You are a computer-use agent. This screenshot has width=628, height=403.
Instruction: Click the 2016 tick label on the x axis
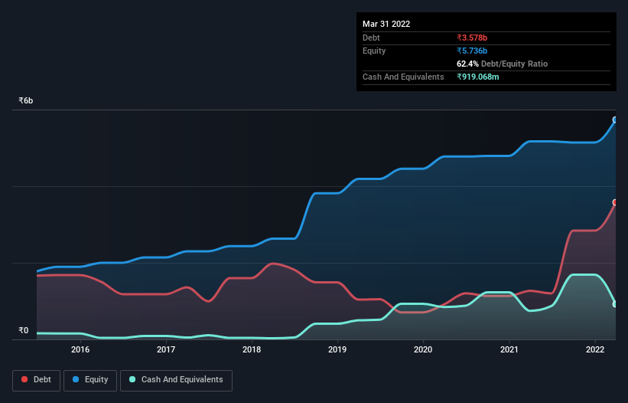click(80, 349)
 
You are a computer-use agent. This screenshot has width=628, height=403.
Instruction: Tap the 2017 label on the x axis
click(166, 349)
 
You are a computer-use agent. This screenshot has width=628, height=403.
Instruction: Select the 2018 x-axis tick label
click(252, 349)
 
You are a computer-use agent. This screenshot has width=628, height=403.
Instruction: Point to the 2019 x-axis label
click(337, 349)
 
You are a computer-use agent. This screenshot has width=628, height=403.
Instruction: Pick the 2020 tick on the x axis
click(423, 349)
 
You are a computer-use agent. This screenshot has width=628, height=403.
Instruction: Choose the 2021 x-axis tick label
click(509, 349)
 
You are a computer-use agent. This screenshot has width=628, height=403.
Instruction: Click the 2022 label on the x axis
click(595, 349)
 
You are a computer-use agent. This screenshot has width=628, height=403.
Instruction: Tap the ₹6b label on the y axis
click(26, 101)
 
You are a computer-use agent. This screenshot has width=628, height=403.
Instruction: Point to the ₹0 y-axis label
click(23, 331)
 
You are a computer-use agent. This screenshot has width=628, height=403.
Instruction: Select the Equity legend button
click(90, 380)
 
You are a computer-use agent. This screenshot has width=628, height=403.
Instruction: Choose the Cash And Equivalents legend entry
click(176, 380)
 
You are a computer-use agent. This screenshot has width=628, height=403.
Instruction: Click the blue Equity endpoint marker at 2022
click(615, 120)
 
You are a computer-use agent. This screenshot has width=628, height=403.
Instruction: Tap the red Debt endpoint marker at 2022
click(615, 202)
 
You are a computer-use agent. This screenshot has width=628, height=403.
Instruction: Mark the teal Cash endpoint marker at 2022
click(615, 304)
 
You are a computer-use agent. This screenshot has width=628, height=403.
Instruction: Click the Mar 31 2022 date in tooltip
click(386, 24)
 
